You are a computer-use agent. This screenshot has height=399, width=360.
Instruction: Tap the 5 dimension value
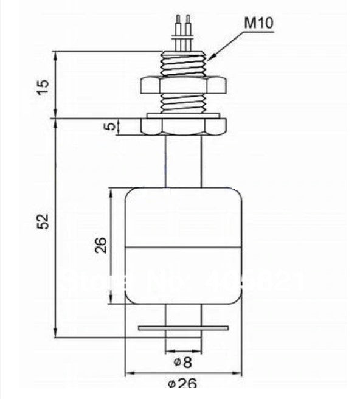pyautogui.click(x=109, y=127)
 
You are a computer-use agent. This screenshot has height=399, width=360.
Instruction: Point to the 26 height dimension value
pyautogui.click(x=102, y=245)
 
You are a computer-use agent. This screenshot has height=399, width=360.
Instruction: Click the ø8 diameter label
pyautogui.click(x=182, y=363)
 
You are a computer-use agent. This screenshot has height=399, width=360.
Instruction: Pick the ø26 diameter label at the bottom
pyautogui.click(x=182, y=384)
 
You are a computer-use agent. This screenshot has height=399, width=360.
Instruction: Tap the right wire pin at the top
pyautogui.click(x=189, y=27)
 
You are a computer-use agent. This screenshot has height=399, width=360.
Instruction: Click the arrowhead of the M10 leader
pyautogui.click(x=209, y=58)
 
